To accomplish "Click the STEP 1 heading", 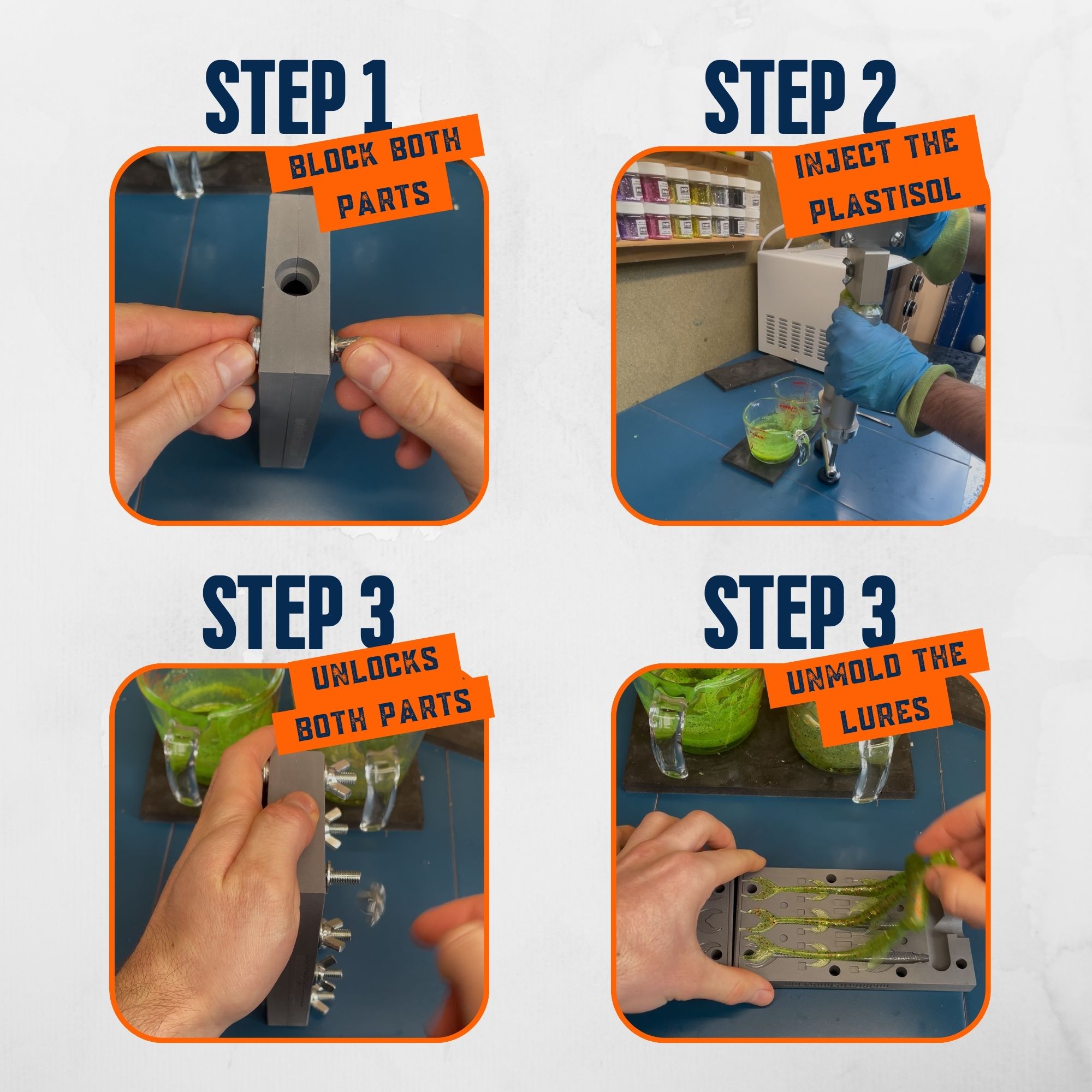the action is tap(299, 97).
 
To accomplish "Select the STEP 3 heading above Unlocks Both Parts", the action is tap(299, 613).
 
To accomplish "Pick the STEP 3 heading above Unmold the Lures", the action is tap(800, 613).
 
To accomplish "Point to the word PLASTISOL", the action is tap(885, 200).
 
